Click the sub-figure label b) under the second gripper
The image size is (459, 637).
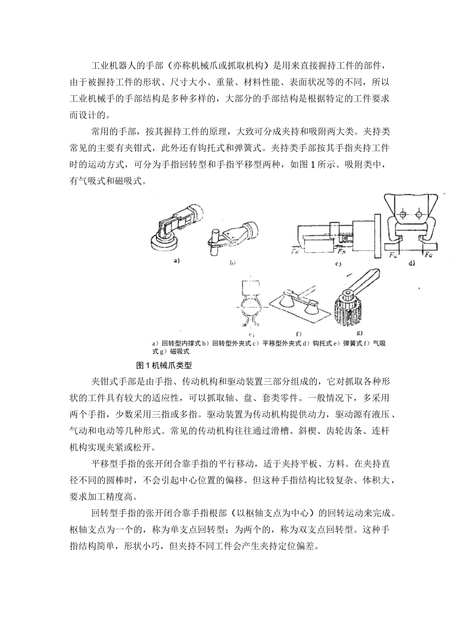tap(232, 263)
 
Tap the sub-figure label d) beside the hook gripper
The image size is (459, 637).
tap(412, 263)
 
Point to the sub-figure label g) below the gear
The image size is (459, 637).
tap(359, 333)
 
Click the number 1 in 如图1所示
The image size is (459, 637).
tap(313, 164)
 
